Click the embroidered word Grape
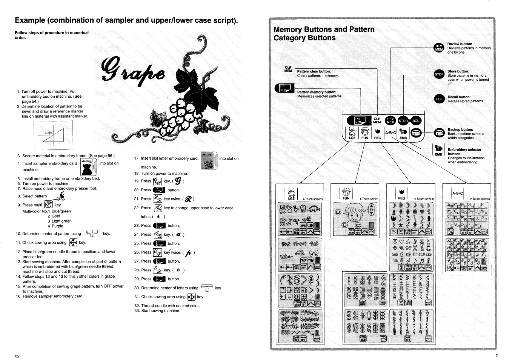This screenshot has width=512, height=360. [132, 68]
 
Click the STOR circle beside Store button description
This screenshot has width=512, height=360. [439, 74]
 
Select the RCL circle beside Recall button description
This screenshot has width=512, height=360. [439, 99]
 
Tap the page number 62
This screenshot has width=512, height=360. [17, 356]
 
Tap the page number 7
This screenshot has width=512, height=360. [497, 356]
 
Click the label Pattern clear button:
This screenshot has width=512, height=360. [314, 71]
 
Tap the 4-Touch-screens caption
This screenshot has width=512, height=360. [312, 199]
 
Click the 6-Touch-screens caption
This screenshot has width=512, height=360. [424, 199]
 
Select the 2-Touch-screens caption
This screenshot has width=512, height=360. [480, 199]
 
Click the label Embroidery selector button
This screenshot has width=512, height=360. [464, 152]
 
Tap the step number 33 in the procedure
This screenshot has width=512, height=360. [137, 311]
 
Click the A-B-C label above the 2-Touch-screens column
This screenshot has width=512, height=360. [458, 193]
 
